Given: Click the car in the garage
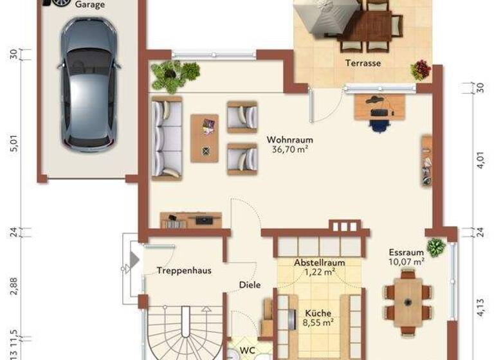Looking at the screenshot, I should [x=88, y=82].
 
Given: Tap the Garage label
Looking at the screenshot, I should [x=90, y=4].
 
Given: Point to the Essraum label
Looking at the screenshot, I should [x=406, y=252].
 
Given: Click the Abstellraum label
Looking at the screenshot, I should [x=320, y=262].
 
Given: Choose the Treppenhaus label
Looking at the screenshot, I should [x=184, y=271].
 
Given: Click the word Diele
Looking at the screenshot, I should [x=250, y=285].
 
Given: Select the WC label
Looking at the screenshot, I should [x=248, y=350].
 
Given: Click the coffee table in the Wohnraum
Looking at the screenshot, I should [x=205, y=138].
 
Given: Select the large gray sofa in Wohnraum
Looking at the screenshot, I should [x=166, y=138].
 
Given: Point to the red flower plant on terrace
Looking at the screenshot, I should [x=420, y=69].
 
